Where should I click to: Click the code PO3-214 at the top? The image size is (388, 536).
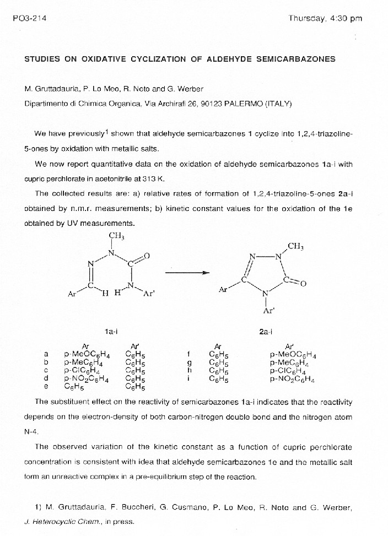29,18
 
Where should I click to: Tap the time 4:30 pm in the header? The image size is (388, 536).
347,18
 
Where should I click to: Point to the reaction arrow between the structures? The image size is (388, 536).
187,272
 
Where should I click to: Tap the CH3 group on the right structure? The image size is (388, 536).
295,246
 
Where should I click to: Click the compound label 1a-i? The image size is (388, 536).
112,331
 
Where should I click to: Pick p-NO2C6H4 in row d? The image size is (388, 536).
87,378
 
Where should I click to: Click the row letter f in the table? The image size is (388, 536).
189,355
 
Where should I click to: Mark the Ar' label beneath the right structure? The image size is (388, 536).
268,311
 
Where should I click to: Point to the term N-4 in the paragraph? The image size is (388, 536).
32,432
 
